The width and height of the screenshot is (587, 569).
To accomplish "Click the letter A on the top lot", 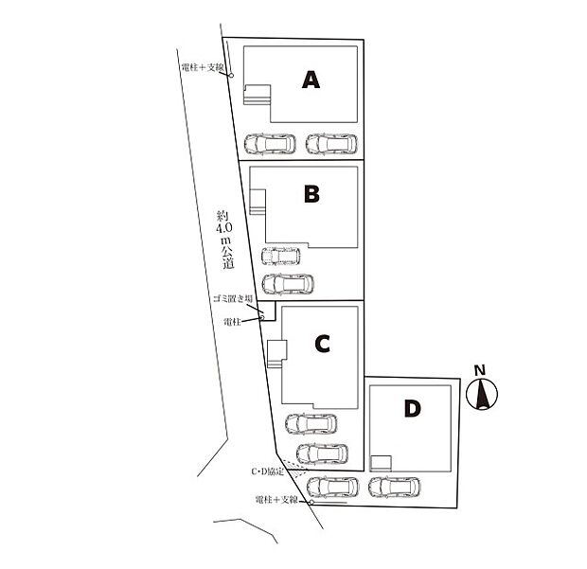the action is pos(311,80).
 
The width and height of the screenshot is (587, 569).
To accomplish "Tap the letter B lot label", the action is pos(311,194).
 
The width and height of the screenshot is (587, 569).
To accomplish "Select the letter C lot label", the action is pos(322,344).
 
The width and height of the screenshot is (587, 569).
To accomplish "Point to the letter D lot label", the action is pos(413,408).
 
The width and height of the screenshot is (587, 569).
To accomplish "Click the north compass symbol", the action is pos(482,394).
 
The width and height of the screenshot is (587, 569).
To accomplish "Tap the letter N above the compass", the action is pos(480,370).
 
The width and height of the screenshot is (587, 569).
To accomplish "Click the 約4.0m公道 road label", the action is pos(225,240).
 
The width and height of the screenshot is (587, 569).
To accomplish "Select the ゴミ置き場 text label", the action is pos(233,299).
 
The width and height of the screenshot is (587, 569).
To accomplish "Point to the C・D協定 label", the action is pos(268,471).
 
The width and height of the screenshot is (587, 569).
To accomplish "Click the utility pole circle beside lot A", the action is pos(231,76).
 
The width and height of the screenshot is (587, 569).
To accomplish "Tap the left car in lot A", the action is pos(270,144).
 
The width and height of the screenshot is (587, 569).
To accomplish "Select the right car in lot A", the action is pos(331,144).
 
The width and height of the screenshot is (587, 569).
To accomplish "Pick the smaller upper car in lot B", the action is pos(281,256).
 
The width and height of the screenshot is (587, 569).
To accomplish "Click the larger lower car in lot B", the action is pos(288,284).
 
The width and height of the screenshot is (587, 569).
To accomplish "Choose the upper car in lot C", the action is pos(311,424).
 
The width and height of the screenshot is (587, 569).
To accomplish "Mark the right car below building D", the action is pos(394,487).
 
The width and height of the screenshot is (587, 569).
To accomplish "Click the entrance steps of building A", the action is pos(258,95).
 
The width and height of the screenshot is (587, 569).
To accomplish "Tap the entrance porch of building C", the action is pos(277,354).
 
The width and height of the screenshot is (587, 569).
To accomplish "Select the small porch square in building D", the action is pos(381,463).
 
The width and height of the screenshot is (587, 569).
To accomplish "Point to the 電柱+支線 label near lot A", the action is pos(203,68).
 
